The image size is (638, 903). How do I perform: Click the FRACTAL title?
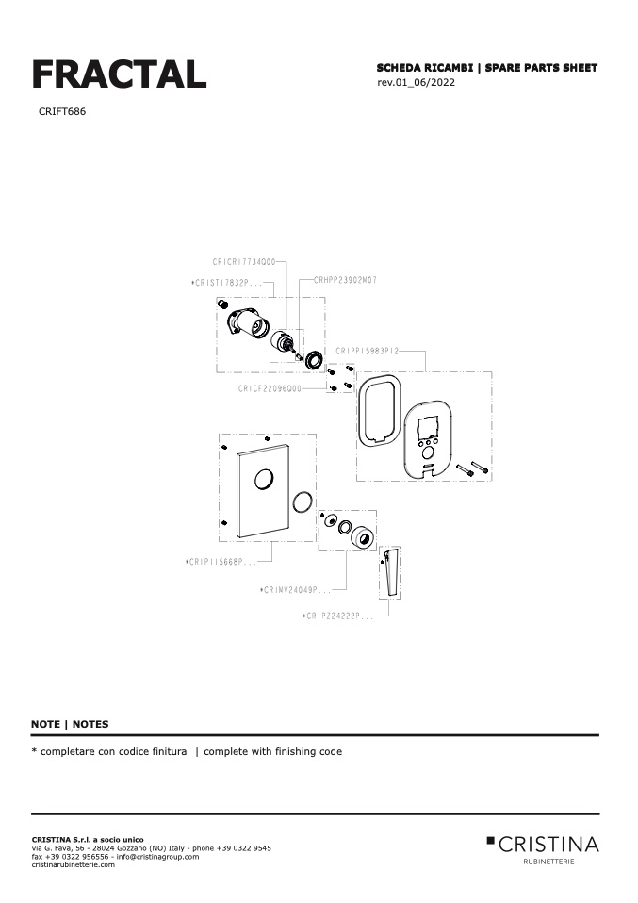(119, 74)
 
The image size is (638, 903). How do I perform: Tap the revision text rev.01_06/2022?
(416, 83)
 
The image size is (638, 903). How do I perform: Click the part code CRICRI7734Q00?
(243, 262)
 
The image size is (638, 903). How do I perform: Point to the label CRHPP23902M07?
(345, 280)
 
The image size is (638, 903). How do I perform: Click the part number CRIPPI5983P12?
(368, 351)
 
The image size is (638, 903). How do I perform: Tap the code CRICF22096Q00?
(270, 387)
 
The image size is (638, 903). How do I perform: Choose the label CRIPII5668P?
(222, 562)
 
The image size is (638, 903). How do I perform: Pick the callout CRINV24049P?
(296, 590)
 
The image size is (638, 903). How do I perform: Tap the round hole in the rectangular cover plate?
(265, 480)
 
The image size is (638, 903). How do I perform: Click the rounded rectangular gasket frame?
(380, 410)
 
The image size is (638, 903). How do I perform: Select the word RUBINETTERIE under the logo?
(548, 862)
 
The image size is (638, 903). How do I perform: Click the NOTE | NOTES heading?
(70, 724)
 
